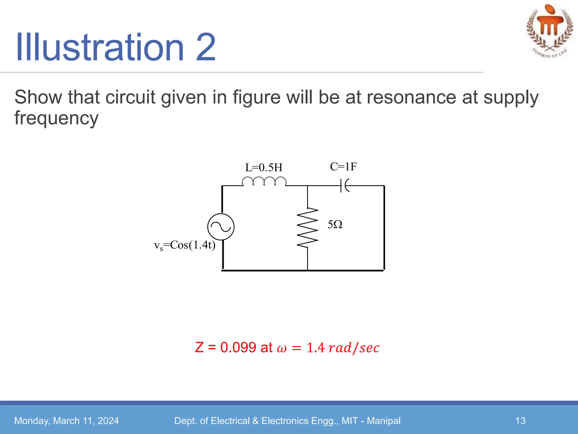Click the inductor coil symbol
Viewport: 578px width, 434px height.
(x=264, y=181)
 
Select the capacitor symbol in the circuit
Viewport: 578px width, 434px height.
(x=345, y=185)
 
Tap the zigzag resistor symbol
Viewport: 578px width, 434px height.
(x=307, y=227)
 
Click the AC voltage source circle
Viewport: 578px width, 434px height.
(x=221, y=227)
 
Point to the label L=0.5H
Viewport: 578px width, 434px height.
(x=264, y=168)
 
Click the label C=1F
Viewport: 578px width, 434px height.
(x=343, y=167)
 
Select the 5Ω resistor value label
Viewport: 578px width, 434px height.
(x=335, y=225)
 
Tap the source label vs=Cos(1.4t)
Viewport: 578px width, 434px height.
(x=185, y=245)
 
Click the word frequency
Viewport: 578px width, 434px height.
(x=56, y=118)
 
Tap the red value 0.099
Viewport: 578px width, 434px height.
(x=238, y=347)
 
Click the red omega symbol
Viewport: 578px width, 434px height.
(x=282, y=348)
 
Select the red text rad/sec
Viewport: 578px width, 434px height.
(x=354, y=348)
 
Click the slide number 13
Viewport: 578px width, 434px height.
(x=520, y=421)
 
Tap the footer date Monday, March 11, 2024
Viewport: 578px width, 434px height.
(x=67, y=421)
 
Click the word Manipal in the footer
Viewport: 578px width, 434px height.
(x=384, y=421)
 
